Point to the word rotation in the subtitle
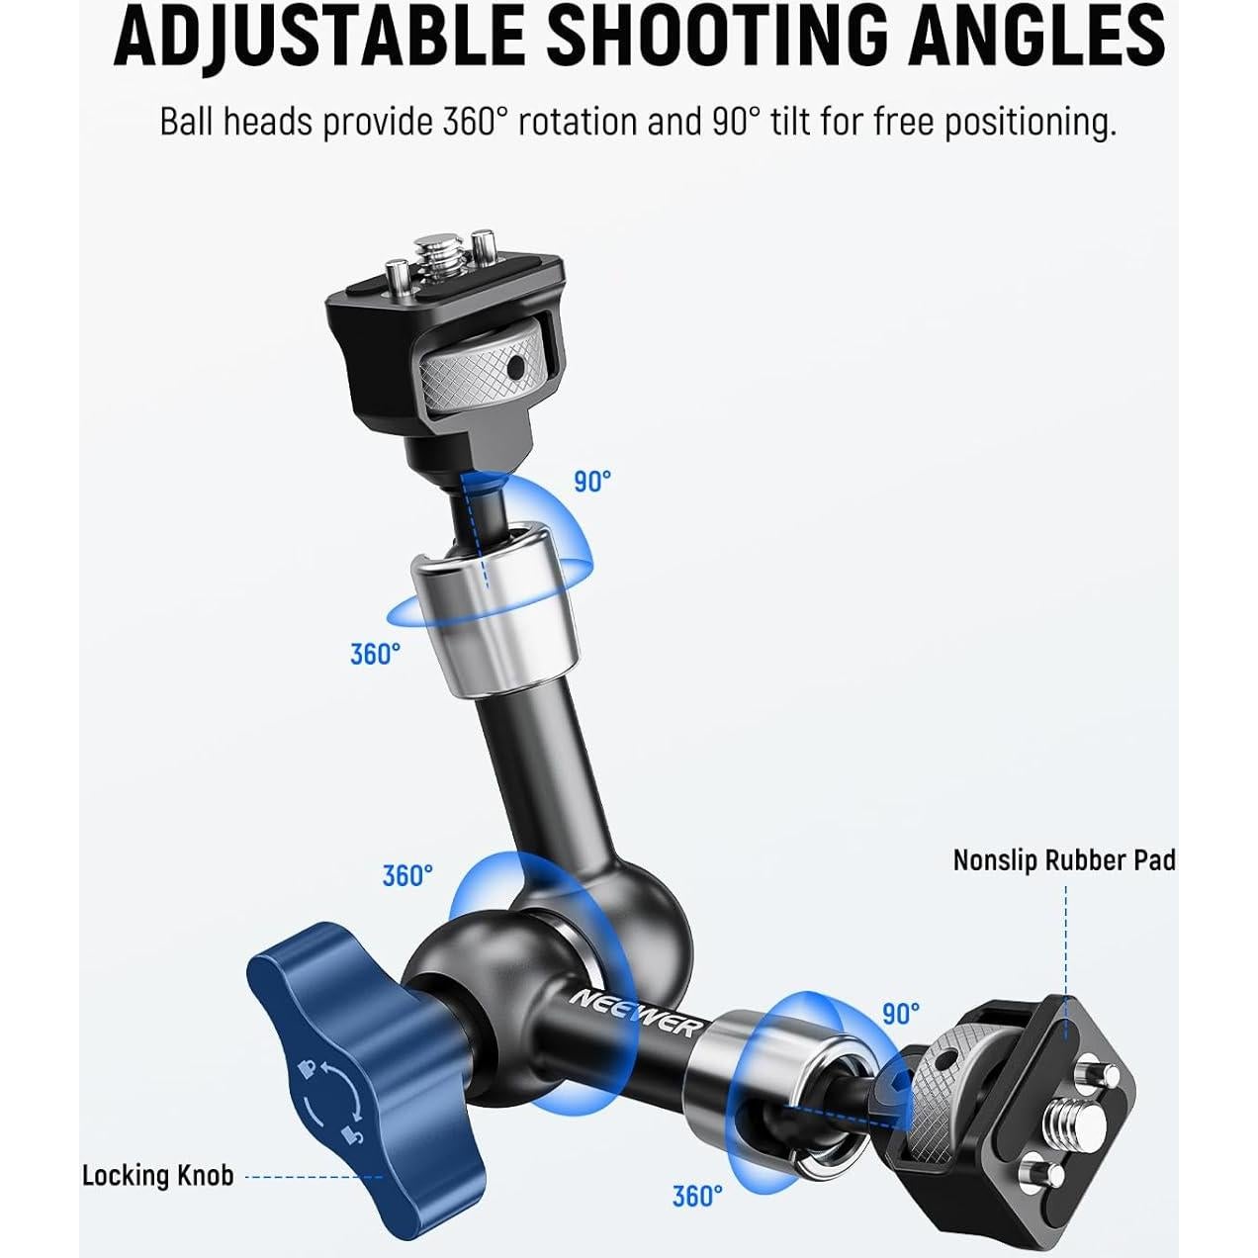coord(577,123)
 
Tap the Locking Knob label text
coord(158,1176)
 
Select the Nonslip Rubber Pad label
coord(1064,860)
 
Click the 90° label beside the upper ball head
coord(592,482)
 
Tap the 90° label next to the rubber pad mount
coord(901,1014)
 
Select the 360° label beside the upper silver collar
coord(376,654)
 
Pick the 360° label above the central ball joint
coord(407,876)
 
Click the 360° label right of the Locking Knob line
coord(697,1197)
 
